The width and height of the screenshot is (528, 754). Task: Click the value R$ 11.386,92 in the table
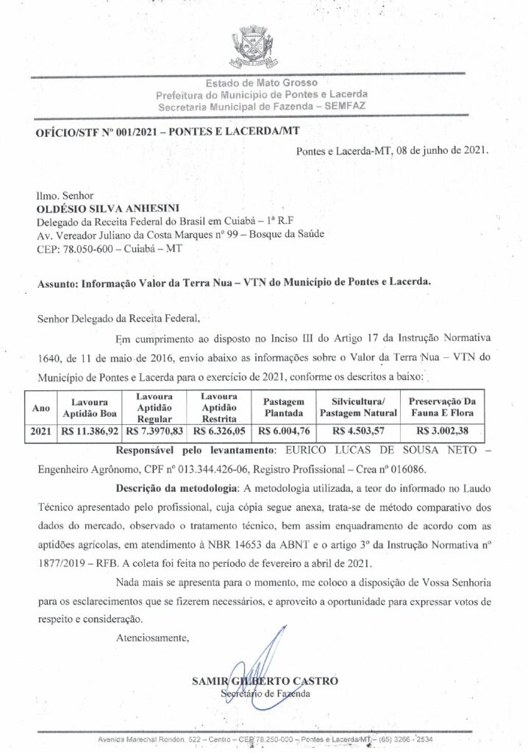point(88,430)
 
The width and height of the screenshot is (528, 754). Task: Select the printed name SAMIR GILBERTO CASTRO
point(265,681)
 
